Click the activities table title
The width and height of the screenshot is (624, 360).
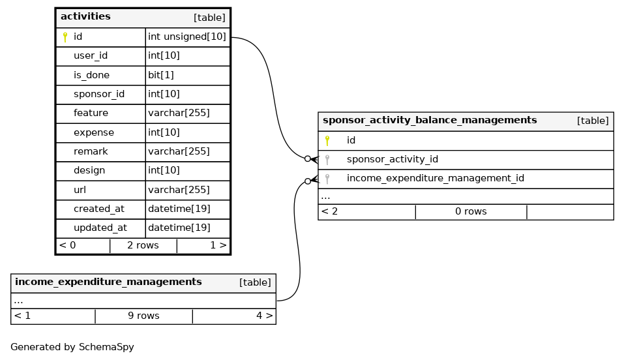click(x=85, y=17)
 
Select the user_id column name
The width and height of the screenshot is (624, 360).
click(x=90, y=56)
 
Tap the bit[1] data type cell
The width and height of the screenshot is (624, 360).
click(x=161, y=75)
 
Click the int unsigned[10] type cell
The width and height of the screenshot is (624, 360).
click(x=187, y=37)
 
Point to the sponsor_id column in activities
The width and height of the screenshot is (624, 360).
click(x=98, y=95)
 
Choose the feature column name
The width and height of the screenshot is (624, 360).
click(x=91, y=113)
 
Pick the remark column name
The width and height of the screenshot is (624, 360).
click(x=91, y=152)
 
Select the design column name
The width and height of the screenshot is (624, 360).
click(x=89, y=171)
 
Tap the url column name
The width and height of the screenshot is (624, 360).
click(x=80, y=190)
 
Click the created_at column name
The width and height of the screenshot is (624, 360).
click(x=98, y=209)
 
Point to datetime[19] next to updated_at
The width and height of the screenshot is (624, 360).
click(x=179, y=228)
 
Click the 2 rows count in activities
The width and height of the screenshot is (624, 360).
click(x=143, y=246)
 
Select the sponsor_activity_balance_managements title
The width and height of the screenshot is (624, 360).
click(x=430, y=121)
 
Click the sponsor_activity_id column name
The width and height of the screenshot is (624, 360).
click(x=392, y=160)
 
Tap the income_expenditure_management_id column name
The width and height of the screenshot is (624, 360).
click(x=435, y=179)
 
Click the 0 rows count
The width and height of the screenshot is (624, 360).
click(x=471, y=212)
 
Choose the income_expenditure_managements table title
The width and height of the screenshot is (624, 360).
click(x=108, y=282)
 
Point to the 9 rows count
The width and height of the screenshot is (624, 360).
click(x=143, y=316)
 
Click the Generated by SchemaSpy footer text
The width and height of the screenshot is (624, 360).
click(x=72, y=348)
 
